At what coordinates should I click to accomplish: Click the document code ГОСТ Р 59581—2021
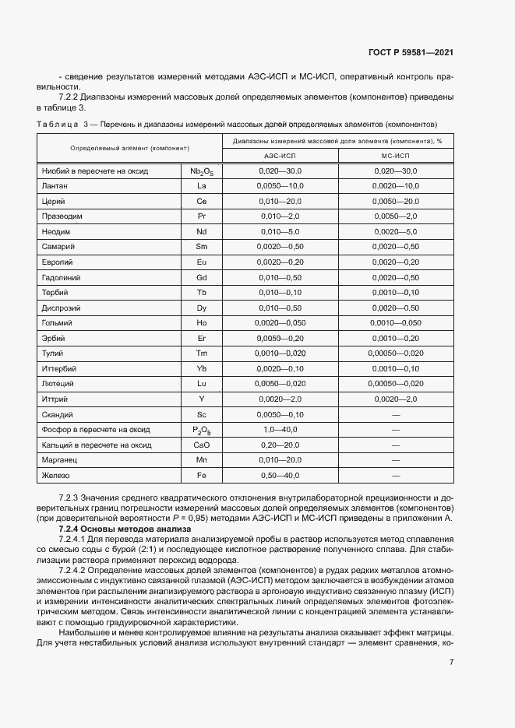click(x=411, y=52)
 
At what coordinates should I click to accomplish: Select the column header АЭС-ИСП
click(x=280, y=156)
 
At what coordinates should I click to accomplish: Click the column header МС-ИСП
click(x=396, y=156)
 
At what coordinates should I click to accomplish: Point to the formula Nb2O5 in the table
click(x=202, y=171)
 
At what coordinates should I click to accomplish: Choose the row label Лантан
click(x=54, y=186)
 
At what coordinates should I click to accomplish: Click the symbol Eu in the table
click(x=202, y=262)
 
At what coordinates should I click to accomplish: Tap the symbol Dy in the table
click(x=202, y=308)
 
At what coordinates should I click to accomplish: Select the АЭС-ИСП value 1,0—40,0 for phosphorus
click(x=280, y=430)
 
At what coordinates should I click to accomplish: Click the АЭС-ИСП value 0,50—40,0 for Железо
click(x=280, y=475)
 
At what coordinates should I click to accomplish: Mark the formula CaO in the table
click(x=202, y=445)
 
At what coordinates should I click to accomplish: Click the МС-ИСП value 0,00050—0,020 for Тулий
click(x=396, y=353)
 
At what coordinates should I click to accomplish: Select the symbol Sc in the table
click(x=202, y=414)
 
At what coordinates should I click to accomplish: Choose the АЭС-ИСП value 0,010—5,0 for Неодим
click(x=280, y=232)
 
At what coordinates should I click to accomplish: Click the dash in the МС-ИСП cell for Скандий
click(x=396, y=414)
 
